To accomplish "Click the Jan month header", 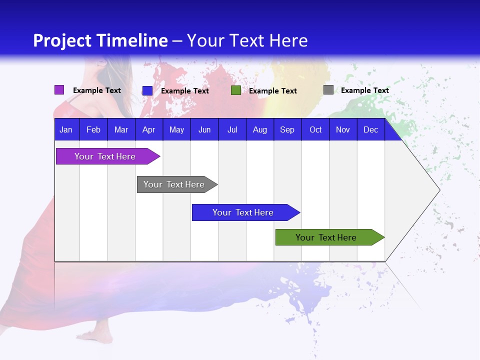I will [66, 129].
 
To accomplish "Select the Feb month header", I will [93, 129].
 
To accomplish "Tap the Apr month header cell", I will [148, 129].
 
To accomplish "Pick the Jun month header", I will [204, 129].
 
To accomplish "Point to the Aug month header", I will [259, 129].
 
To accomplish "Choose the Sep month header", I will [287, 129].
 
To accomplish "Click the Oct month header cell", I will [315, 129].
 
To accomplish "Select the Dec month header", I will [370, 129].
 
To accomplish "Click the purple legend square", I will [59, 90].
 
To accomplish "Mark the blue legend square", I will [147, 90].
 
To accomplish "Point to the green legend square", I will [235, 90].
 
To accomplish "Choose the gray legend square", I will [328, 90].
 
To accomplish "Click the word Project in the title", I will [62, 40].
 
